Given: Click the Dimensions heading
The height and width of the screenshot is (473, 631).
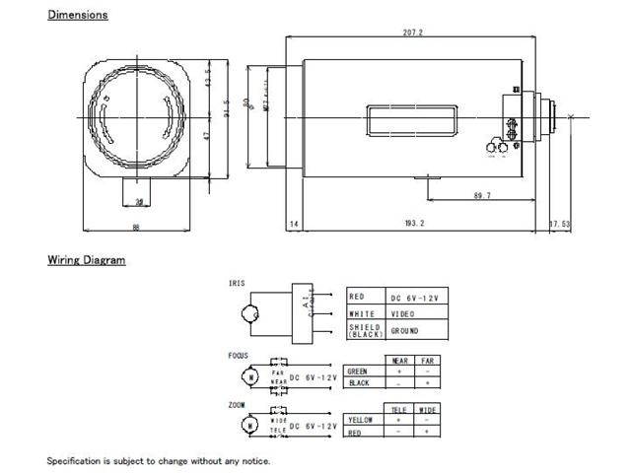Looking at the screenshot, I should [78, 15].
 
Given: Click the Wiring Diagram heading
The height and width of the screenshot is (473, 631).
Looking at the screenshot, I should [87, 260].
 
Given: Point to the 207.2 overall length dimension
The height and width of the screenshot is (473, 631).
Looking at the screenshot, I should [413, 32].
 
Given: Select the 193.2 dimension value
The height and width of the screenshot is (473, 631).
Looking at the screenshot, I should [414, 224].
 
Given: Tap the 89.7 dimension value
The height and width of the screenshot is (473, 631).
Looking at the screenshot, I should [482, 196].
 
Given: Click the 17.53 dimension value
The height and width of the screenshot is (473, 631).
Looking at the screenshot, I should [559, 224].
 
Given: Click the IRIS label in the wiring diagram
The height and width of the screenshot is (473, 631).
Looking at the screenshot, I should [238, 283].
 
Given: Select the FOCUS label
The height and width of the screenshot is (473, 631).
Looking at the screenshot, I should [239, 356].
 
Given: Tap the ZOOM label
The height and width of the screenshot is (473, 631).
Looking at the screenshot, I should [238, 404].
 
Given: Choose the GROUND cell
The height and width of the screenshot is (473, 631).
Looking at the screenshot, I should [405, 331].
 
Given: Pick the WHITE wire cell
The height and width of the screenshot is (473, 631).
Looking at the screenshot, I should [362, 313].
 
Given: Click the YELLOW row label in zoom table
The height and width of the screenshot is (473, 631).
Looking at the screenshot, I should [363, 419].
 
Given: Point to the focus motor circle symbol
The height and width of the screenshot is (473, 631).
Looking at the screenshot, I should [252, 375].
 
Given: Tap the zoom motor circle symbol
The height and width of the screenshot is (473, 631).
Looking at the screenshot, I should [252, 424].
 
